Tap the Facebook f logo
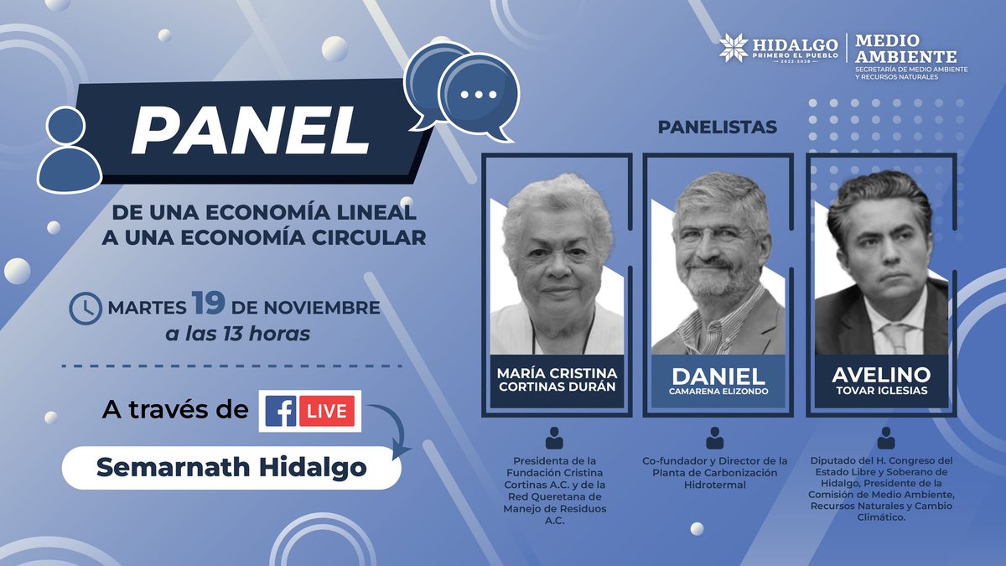[281, 412]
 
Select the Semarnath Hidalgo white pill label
[231, 468]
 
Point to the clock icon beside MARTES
[83, 308]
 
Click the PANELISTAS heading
[717, 127]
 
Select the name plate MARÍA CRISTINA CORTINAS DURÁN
[556, 379]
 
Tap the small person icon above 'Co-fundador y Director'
[714, 437]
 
